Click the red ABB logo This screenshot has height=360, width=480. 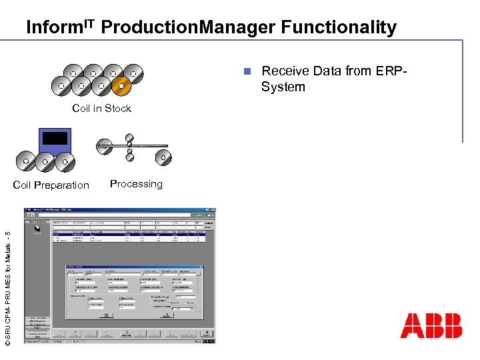[431, 326]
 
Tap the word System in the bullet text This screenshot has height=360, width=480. [283, 87]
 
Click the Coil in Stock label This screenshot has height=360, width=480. [102, 109]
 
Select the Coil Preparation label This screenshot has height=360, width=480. [51, 185]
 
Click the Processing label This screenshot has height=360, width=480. [136, 184]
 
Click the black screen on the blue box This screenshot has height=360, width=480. [55, 138]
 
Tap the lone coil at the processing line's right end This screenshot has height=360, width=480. [161, 158]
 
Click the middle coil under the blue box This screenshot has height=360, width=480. [45, 161]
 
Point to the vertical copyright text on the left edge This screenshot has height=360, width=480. [7, 287]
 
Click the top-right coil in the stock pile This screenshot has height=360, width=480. [133, 73]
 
